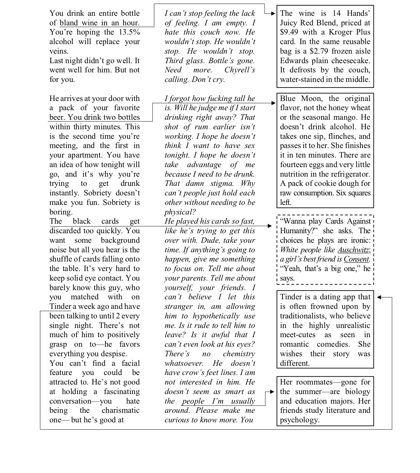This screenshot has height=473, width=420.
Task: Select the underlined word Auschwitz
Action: click(x=353, y=250)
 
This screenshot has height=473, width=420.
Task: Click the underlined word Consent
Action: click(x=356, y=259)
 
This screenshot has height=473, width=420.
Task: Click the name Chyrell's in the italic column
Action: click(x=239, y=70)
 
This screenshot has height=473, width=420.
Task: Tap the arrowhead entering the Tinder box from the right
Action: click(x=379, y=297)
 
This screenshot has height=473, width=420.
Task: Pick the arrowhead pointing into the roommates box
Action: click(x=272, y=392)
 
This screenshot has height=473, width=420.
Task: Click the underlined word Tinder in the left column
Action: click(x=60, y=307)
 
